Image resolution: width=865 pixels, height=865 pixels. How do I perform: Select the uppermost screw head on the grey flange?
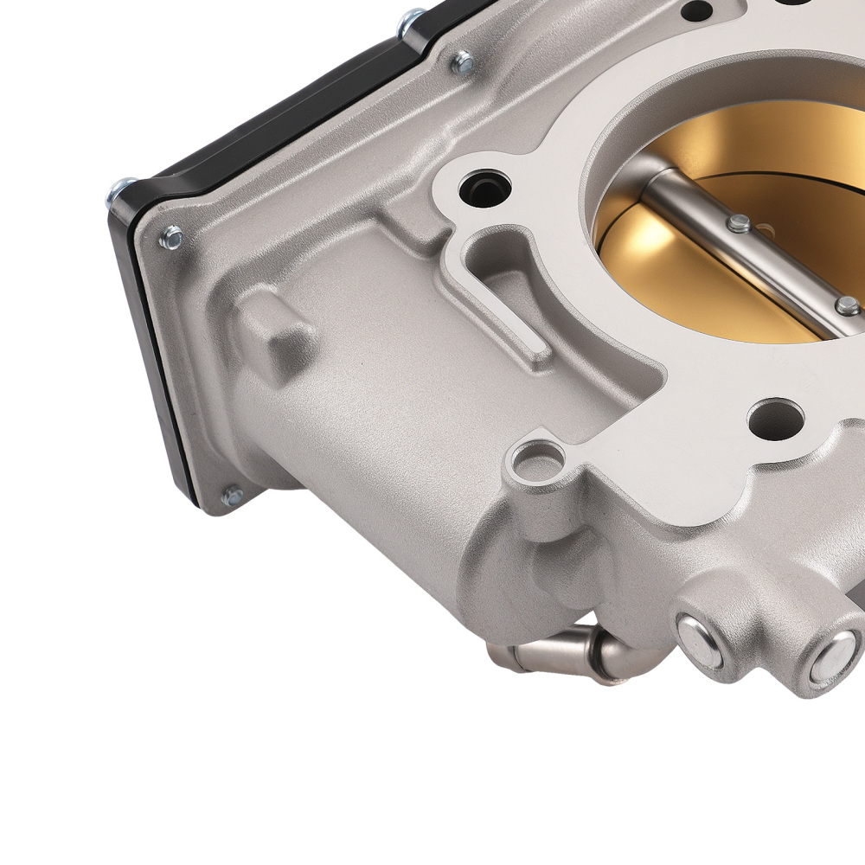tap(463, 61)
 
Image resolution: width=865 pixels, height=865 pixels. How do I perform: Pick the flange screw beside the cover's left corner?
tap(171, 237)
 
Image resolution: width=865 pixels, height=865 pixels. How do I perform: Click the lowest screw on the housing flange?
tap(232, 496)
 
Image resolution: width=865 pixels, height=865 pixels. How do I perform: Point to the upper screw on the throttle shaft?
tap(738, 224)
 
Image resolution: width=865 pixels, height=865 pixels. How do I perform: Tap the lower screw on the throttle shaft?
tap(848, 305)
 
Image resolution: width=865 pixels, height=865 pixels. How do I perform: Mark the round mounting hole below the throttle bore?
tap(775, 419)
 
